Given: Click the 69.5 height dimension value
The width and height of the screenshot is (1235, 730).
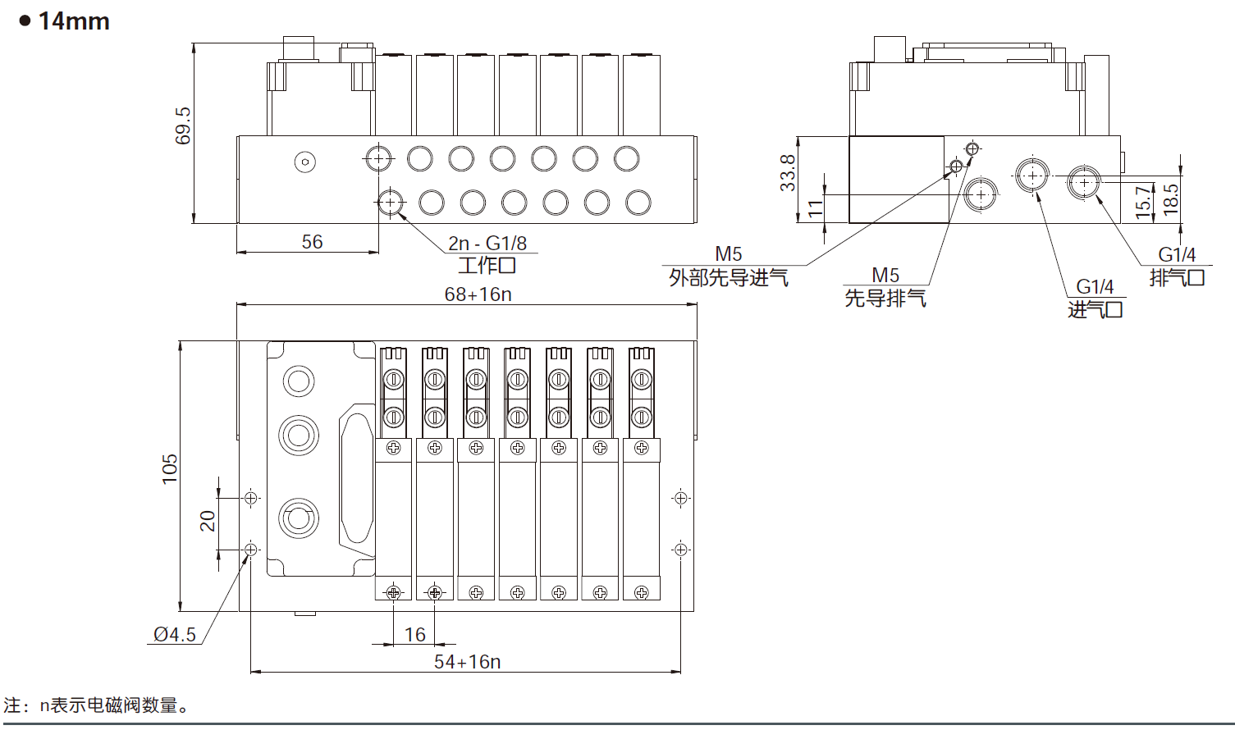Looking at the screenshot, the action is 182,126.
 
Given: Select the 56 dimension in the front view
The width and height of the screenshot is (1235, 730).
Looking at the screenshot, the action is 312,242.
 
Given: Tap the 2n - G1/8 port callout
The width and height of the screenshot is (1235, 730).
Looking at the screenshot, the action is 487,243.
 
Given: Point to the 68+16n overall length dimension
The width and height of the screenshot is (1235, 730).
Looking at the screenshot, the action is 478,294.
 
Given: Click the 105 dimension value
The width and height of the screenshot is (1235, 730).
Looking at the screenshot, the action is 170,469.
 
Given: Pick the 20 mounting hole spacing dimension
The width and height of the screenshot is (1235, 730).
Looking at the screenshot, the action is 208,521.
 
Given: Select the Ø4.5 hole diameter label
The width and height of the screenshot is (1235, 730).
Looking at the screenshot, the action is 175,635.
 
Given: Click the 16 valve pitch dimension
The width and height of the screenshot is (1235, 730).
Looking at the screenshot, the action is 414,635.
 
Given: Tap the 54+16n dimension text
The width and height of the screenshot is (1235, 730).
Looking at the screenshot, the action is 467,662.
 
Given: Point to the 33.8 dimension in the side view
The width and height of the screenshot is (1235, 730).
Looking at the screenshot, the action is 788,173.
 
